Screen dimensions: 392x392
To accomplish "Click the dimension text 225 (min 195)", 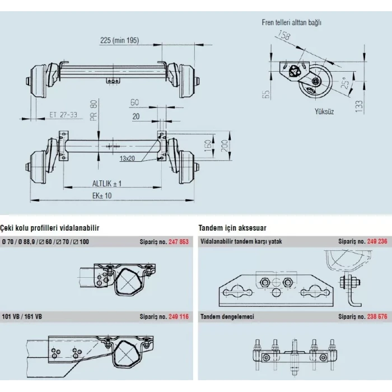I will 119,40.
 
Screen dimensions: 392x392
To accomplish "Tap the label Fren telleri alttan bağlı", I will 291,23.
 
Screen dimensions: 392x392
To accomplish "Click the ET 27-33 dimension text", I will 63,115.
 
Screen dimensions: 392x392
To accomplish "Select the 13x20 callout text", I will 128,159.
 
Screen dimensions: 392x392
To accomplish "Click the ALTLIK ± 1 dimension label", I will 107,184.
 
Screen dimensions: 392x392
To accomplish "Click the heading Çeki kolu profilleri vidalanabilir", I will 50,228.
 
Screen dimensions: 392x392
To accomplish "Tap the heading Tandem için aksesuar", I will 232,228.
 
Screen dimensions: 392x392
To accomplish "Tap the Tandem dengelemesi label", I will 227,316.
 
